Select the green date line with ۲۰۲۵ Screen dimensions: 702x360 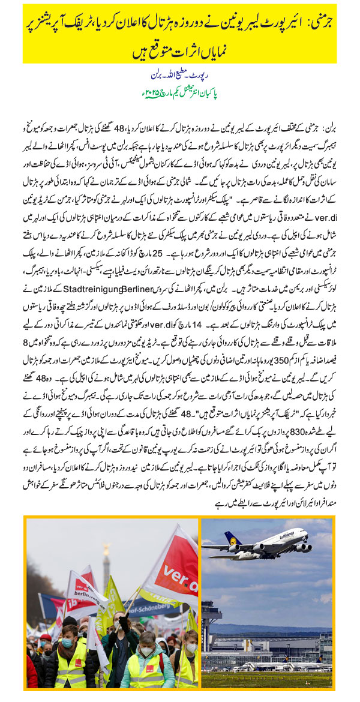click(x=179, y=94)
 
